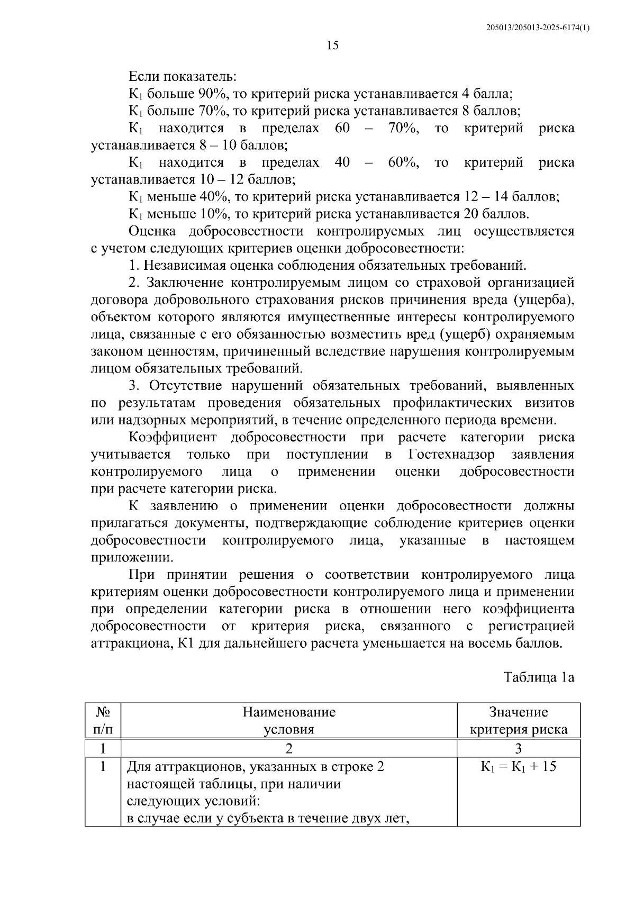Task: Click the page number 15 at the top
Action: click(x=332, y=46)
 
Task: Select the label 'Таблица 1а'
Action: click(x=538, y=678)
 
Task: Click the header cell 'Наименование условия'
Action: click(x=289, y=721)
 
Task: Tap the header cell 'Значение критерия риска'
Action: click(x=518, y=721)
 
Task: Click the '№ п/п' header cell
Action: click(x=103, y=721)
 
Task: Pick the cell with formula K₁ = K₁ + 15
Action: click(x=518, y=766)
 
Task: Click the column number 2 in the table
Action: click(x=289, y=748)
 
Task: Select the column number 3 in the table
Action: click(x=518, y=748)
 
